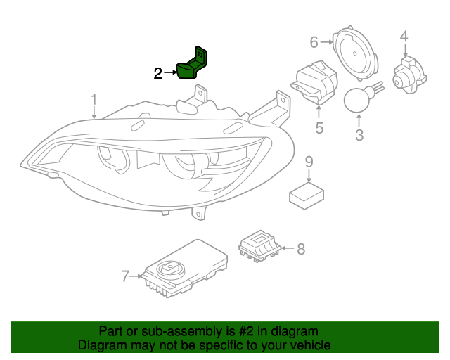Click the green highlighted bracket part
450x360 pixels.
coord(194,63)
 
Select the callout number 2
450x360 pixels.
coord(159,72)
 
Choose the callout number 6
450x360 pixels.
coord(314,42)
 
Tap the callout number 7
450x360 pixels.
coord(125,276)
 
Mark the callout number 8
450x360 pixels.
coord(301,248)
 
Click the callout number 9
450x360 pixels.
coord(309,162)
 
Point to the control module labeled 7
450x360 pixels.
coord(186,269)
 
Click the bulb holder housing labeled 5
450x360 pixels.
coord(314,84)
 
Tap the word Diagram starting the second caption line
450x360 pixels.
coord(101,345)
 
